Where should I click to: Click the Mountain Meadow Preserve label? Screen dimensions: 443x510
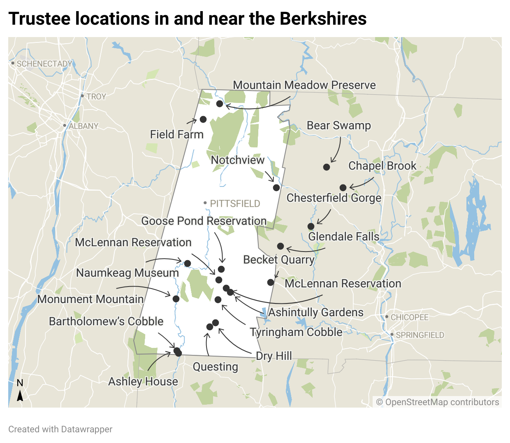click(304, 85)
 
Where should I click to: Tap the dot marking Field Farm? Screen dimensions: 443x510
click(203, 119)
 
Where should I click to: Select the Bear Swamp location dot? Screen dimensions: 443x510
click(326, 167)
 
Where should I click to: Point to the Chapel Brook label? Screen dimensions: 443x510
click(382, 166)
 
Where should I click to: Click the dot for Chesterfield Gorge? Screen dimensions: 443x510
click(311, 226)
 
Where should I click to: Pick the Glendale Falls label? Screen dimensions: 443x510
click(343, 237)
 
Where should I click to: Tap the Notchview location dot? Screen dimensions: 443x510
click(276, 188)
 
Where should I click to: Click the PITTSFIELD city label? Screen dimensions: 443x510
click(235, 204)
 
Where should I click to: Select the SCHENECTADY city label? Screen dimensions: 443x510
click(44, 64)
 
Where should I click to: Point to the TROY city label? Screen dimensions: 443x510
click(96, 97)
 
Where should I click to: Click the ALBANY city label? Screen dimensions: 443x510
click(83, 126)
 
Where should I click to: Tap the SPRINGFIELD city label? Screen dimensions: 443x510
click(420, 335)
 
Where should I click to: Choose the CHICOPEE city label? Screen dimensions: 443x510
click(410, 317)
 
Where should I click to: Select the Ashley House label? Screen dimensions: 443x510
click(143, 382)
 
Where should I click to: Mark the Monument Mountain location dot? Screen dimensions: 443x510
click(176, 299)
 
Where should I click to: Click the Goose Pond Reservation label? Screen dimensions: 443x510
click(204, 221)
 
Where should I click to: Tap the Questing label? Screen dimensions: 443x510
click(216, 367)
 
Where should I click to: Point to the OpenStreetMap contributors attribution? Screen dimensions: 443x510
click(438, 402)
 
